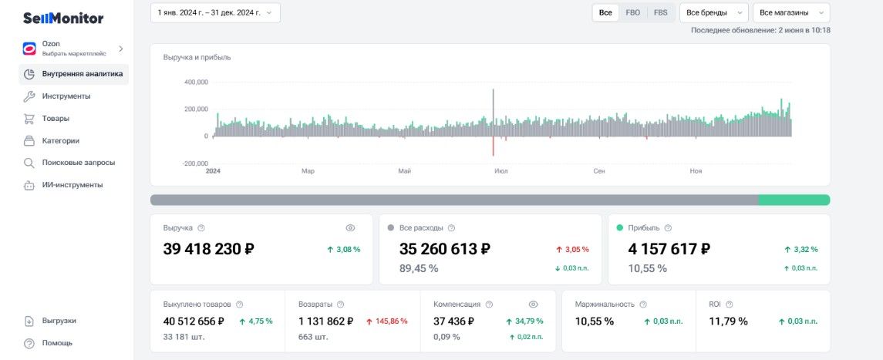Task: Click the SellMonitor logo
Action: coord(63,19)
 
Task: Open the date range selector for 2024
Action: coord(215,12)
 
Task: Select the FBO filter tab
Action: coord(632,12)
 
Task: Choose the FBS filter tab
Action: coord(661,12)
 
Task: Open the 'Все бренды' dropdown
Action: coord(714,12)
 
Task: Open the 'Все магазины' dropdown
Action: coord(791,12)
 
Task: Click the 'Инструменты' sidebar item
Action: coord(66,96)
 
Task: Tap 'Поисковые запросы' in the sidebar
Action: coord(79,163)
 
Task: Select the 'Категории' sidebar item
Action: coord(60,140)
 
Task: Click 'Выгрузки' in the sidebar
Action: coord(59,321)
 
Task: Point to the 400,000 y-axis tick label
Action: coord(196,82)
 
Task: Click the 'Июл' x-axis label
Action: coord(500,171)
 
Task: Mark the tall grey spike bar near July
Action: coord(494,113)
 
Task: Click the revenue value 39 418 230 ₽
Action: coord(208,249)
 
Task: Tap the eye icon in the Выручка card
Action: coord(350,228)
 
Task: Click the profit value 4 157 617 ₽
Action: coord(669,249)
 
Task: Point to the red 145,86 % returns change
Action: coord(387,321)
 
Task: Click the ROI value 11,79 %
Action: coord(728,321)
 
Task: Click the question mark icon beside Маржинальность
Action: coord(643,304)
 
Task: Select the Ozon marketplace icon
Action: coord(29,49)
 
